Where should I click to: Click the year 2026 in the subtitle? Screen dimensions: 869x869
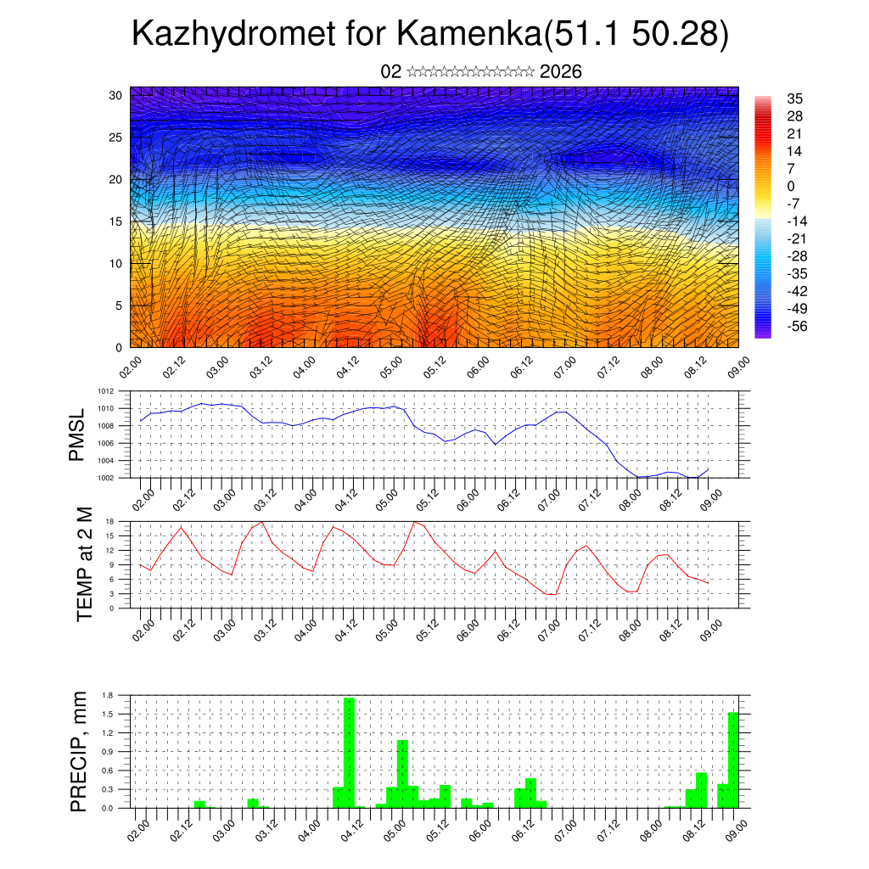tap(561, 71)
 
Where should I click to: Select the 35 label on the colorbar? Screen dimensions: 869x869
tap(795, 98)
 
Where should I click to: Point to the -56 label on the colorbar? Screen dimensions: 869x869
tap(799, 326)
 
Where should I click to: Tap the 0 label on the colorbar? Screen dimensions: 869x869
tap(792, 186)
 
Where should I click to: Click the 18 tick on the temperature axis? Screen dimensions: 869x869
tap(110, 521)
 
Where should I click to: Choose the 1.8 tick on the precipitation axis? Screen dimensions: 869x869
tap(108, 696)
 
